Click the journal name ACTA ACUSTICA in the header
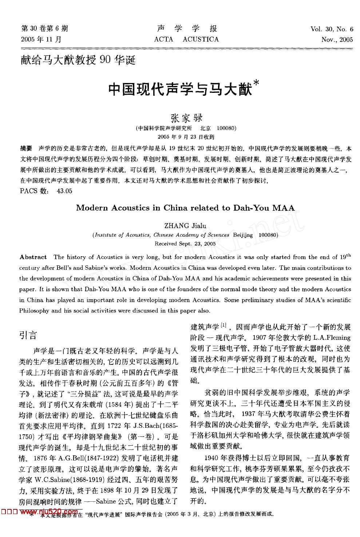[186, 39]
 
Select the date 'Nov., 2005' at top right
[337, 40]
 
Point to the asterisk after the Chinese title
[256, 83]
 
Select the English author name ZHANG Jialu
[185, 226]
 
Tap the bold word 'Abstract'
[33, 257]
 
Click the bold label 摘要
[26, 149]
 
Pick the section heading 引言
[28, 335]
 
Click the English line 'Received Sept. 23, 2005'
[185, 244]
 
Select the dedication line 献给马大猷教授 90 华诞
[78, 60]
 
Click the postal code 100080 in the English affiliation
[268, 235]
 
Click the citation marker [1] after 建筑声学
[223, 325]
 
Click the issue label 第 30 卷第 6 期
[45, 29]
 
